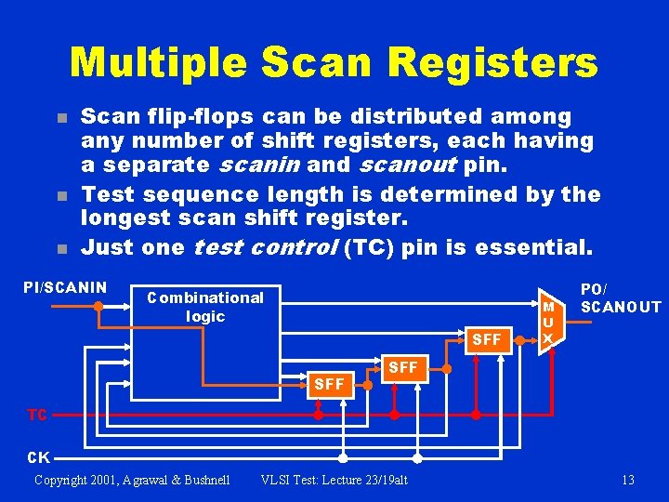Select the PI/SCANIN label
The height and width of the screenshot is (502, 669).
tap(65, 287)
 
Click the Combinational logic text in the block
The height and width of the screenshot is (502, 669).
tap(205, 307)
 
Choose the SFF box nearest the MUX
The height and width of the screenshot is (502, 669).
tap(487, 339)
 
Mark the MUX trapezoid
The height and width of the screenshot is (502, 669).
tap(549, 321)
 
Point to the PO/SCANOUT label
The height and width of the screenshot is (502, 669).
tap(620, 297)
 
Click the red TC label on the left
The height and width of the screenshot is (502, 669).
tap(37, 415)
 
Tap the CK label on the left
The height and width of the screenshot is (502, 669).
tap(39, 457)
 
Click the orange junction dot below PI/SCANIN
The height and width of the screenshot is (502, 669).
tap(98, 305)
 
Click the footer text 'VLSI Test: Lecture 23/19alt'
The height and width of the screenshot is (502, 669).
tap(334, 480)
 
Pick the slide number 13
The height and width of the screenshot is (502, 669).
tap(628, 480)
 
